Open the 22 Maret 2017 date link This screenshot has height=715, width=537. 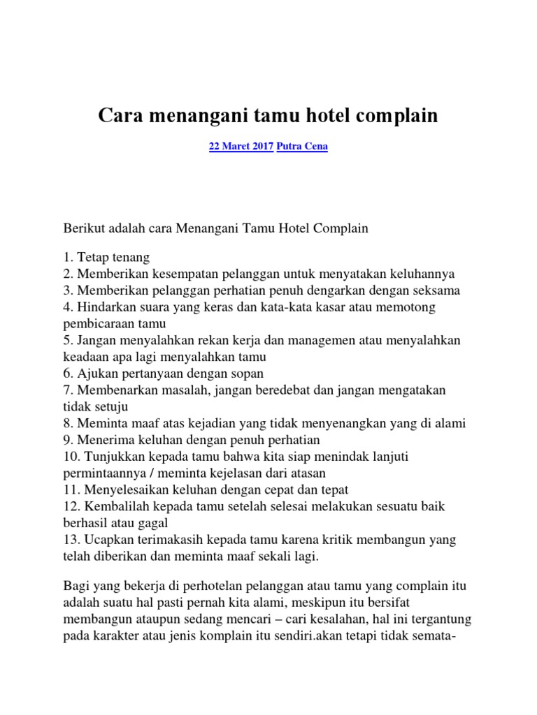click(x=241, y=147)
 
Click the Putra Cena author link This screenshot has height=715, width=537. click(x=302, y=147)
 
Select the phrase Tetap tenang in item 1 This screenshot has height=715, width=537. click(x=113, y=258)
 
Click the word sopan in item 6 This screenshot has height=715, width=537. click(x=248, y=373)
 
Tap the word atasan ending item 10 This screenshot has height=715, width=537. click(x=330, y=473)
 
